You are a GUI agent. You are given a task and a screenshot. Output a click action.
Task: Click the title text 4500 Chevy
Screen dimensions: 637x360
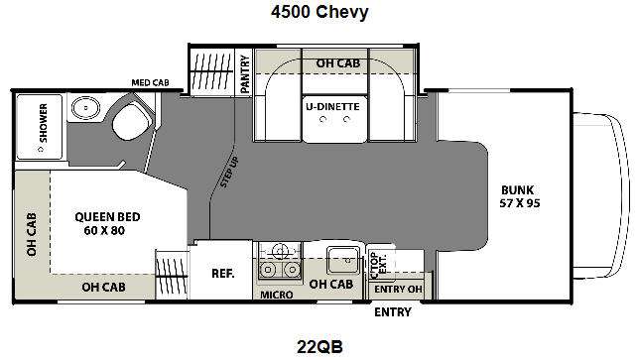coord(319,12)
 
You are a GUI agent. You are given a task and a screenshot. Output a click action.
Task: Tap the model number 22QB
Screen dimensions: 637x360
coord(319,347)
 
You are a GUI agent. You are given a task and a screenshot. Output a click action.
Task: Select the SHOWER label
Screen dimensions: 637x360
coord(43,123)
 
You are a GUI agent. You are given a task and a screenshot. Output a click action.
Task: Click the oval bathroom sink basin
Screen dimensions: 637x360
coord(85,108)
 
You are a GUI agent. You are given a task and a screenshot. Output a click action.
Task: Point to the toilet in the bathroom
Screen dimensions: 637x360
coord(130,121)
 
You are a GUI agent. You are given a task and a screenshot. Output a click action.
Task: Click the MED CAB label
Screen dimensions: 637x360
coord(150,82)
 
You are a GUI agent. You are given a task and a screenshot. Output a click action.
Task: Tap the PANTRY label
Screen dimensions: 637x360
coord(244,74)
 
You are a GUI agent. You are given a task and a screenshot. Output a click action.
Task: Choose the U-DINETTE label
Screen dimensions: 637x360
coord(332,107)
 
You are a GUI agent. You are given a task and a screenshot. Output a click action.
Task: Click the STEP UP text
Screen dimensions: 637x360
coord(229,173)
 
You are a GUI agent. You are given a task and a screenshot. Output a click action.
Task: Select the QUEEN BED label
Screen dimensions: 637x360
coord(107,217)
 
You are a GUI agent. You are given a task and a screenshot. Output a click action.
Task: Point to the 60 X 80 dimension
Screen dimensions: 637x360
coord(104,230)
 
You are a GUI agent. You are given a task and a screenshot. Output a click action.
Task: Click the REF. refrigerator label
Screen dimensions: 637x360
coord(223,274)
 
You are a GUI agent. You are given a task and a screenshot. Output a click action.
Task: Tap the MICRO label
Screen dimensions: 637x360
coord(276,295)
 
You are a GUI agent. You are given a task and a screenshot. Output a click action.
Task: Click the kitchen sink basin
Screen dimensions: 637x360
coord(343,261)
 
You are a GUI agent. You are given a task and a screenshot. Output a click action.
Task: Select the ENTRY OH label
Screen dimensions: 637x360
coord(398,289)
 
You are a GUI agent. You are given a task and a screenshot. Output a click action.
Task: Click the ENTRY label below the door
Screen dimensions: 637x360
coord(393,312)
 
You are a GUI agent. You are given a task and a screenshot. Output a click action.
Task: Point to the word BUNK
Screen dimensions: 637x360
coord(518,190)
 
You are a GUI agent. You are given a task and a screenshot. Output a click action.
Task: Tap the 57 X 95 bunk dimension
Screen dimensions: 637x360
coord(520,203)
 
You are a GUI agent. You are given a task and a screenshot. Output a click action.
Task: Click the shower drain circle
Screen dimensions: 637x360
coord(41,150)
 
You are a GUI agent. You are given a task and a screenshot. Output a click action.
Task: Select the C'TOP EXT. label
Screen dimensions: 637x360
coord(377,265)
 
